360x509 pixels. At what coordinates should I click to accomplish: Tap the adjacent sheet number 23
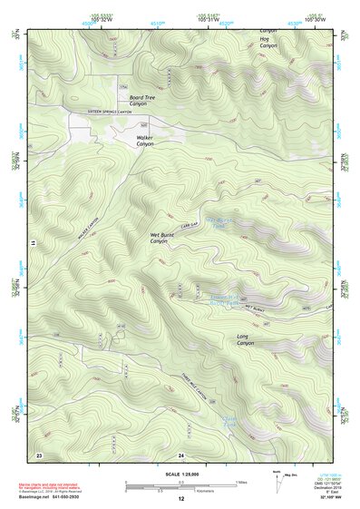(39, 454)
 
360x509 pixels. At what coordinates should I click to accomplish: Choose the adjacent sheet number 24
(180, 454)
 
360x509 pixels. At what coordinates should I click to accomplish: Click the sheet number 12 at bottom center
(180, 499)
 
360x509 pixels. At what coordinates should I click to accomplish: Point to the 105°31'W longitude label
(209, 20)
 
